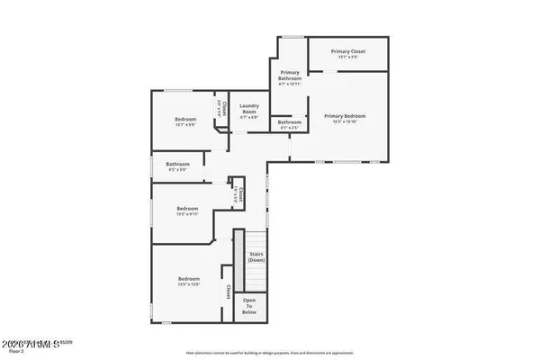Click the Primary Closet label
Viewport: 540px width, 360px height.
[347, 51]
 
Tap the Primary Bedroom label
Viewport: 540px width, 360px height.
[346, 115]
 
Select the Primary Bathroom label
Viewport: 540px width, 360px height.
[290, 75]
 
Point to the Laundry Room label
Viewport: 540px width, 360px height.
[249, 108]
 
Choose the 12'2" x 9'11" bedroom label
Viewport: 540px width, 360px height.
[188, 208]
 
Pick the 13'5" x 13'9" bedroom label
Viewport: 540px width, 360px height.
[188, 279]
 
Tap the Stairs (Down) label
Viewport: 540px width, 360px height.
[256, 256]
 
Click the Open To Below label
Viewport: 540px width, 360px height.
[249, 306]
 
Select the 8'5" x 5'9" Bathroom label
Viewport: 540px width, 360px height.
[177, 164]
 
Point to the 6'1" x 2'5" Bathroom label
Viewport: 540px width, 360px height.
[289, 122]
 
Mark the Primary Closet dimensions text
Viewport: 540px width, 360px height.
[347, 57]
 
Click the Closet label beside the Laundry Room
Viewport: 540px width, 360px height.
[223, 108]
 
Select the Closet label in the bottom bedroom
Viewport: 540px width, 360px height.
[229, 292]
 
